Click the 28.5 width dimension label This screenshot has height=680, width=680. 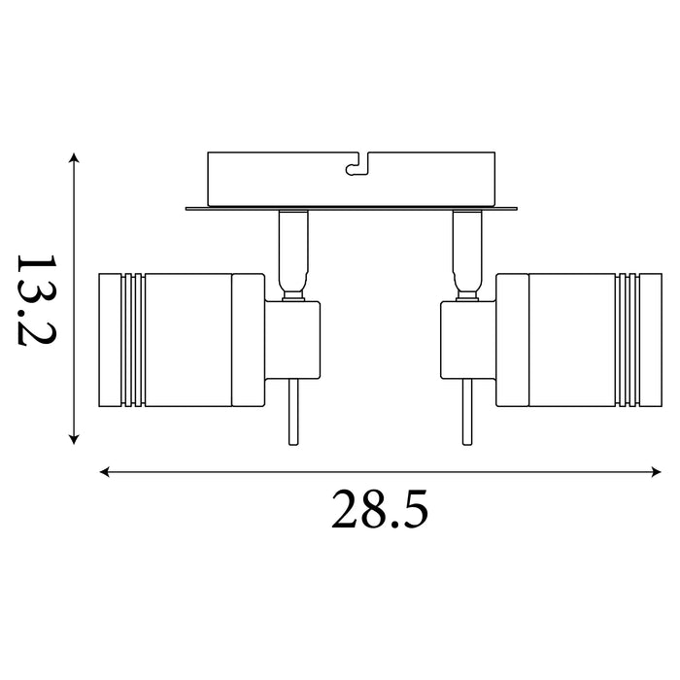(x=380, y=509)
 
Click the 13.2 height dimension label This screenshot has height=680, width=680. (x=37, y=300)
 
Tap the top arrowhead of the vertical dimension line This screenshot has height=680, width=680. (x=74, y=157)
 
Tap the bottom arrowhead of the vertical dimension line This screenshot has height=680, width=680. (x=74, y=439)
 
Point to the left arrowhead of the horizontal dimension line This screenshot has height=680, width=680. (x=105, y=472)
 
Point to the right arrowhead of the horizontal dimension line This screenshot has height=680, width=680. (x=657, y=472)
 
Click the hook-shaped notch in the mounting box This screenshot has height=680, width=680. (x=357, y=165)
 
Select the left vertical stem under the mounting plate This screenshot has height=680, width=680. (x=293, y=255)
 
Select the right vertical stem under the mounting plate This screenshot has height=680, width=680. (x=467, y=255)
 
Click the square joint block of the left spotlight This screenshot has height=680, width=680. (x=292, y=340)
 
